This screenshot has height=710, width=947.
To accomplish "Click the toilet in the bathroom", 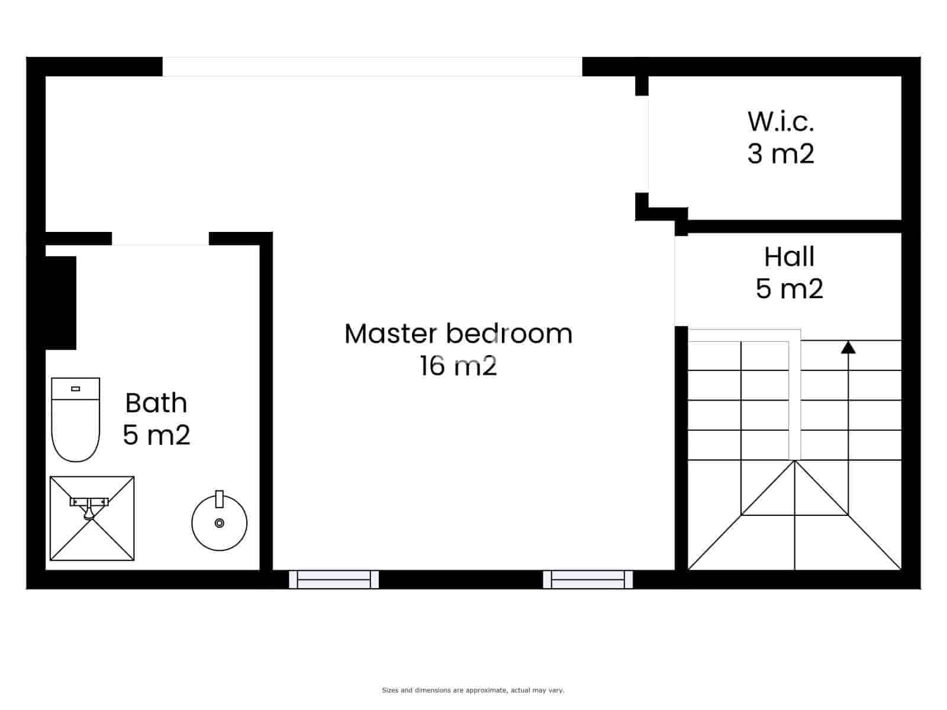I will point(75,420).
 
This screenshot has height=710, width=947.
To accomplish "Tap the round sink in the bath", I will point(219,523).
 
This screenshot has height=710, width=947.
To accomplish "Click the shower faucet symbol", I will point(89,506).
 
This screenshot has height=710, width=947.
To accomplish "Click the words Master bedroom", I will point(458,334).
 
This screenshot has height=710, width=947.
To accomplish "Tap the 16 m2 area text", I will point(458,366).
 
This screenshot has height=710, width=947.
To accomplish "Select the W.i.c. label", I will point(781,121).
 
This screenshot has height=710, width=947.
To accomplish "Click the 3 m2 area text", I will point(781,154).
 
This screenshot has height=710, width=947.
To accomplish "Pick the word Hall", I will point(789,257).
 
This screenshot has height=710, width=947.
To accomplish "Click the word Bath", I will point(156,404).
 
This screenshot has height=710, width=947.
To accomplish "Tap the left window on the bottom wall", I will point(334,579).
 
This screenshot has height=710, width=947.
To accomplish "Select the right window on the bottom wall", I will point(588,579).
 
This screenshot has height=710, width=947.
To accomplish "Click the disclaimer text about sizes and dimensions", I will point(473,690).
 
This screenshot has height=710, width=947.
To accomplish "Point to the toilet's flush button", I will point(75,389).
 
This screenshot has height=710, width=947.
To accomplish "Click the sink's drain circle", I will point(220,523).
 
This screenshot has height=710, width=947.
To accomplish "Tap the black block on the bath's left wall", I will point(60,303).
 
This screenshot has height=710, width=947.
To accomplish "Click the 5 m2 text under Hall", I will point(789,289).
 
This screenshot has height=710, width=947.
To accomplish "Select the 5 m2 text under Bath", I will point(156,435).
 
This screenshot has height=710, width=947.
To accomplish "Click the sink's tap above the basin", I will point(219,499).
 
